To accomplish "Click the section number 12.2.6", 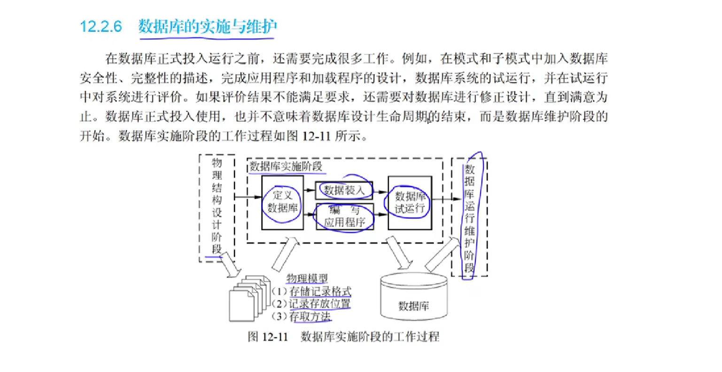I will [101, 26].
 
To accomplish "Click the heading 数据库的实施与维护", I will [207, 26].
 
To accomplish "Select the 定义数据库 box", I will [282, 202].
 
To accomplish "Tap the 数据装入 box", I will [344, 190].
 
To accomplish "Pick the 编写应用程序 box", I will [345, 216].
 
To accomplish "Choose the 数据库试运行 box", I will [410, 203].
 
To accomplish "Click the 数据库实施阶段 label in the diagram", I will [286, 166].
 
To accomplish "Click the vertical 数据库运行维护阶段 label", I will [469, 218].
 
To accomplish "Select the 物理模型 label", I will [307, 278].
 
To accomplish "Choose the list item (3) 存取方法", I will [302, 317].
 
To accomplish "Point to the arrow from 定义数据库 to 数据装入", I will [310, 190].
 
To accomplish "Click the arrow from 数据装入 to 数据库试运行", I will [380, 191].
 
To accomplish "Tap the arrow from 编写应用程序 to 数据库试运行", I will [380, 214].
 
